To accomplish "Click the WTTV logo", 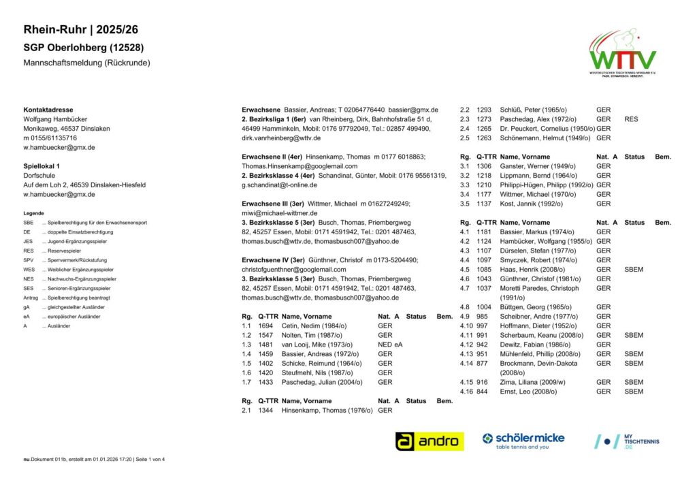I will [623, 52].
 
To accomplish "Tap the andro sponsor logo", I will [429, 441].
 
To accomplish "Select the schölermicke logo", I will [523, 441].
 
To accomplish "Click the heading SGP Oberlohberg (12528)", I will [84, 48].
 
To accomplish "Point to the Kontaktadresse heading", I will [48, 110].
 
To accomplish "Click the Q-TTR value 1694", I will [265, 326].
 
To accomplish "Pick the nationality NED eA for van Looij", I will [390, 345].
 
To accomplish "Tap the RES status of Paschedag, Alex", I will [631, 119].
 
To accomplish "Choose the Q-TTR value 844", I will [482, 392].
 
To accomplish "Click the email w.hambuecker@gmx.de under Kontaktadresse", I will [59, 147].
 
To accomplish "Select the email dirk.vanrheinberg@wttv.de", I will [281, 138].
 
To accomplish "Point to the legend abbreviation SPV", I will [28, 260].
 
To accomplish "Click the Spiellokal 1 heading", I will [42, 166].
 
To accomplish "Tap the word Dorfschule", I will [40, 176].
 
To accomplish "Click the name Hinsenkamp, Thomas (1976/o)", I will [327, 411].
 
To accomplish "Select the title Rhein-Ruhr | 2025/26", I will [80, 30].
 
